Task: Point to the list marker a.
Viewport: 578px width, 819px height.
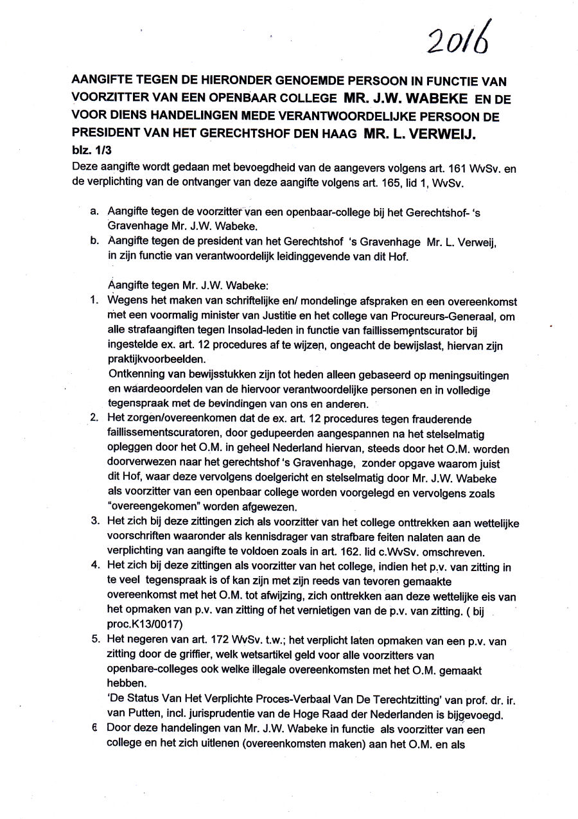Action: pyautogui.click(x=94, y=211)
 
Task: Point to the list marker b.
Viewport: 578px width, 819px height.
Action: pyautogui.click(x=94, y=242)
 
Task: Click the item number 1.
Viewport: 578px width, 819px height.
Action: pyautogui.click(x=94, y=301)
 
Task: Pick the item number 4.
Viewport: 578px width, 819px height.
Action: pyautogui.click(x=94, y=566)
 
